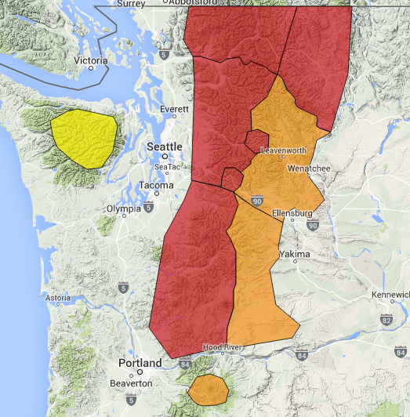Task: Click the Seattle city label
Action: point(165,147)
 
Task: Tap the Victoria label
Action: point(89,60)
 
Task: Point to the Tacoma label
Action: point(155,185)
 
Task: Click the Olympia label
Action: point(124,208)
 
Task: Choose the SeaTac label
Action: point(166,166)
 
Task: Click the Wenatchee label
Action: point(309,168)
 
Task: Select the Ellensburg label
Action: point(292,213)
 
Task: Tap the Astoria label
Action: point(59,299)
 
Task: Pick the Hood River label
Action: point(224,347)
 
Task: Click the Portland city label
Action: point(140,364)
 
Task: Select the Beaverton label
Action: point(131,383)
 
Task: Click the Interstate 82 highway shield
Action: point(386,321)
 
